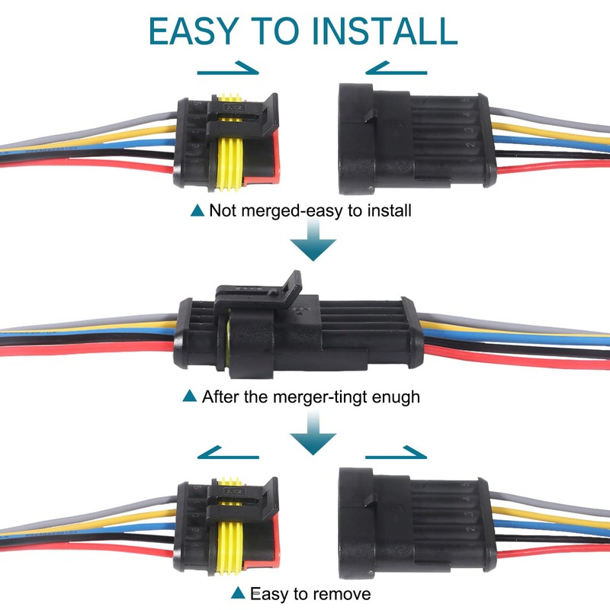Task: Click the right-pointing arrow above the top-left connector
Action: pos(229,71)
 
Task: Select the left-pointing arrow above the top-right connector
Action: pos(396,71)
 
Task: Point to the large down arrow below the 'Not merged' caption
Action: pos(313,247)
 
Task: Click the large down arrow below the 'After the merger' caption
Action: pos(313,435)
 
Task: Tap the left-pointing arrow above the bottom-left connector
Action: pos(229,455)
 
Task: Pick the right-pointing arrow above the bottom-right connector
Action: pos(396,455)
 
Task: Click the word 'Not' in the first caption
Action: pos(223,210)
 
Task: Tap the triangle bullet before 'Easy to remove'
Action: pos(239,592)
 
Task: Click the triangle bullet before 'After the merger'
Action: pos(191,396)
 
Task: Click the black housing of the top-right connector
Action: pos(412,137)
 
